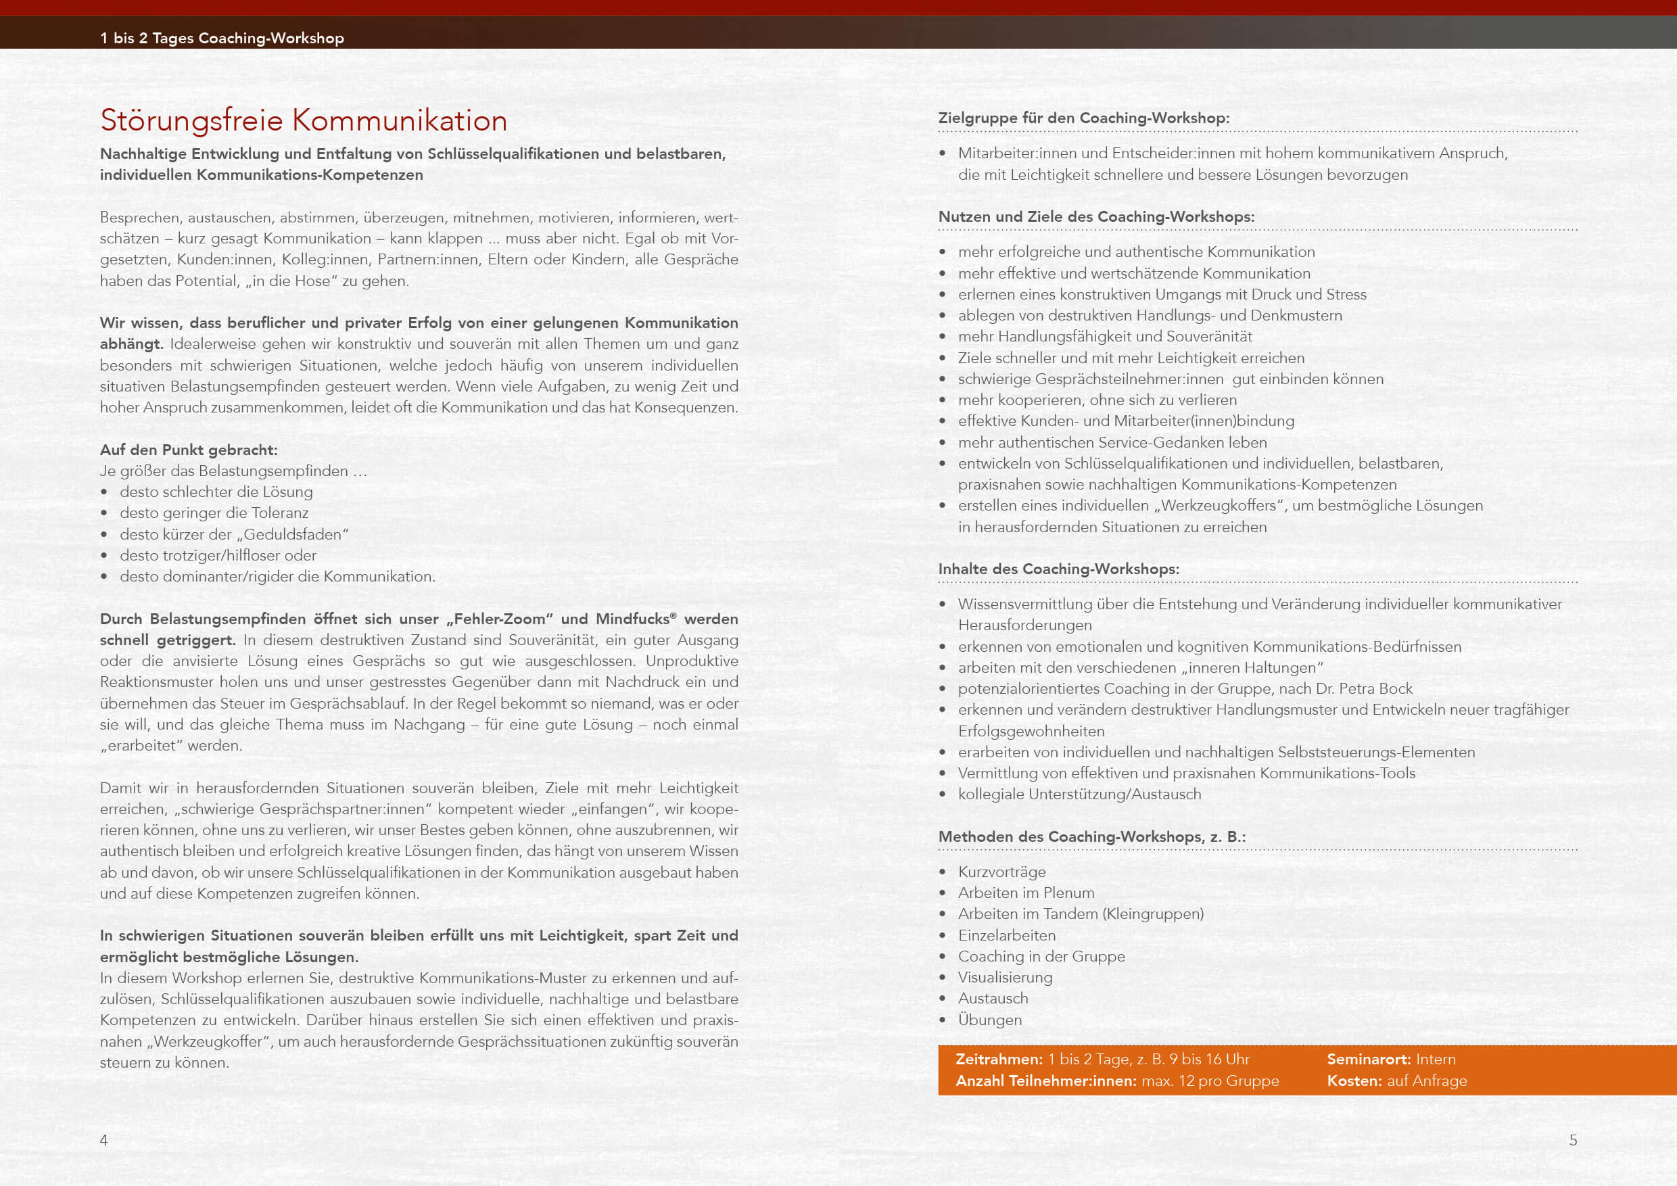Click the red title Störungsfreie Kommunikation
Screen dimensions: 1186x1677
(303, 120)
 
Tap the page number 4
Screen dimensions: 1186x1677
(103, 1140)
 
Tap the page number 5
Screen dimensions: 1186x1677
(1573, 1140)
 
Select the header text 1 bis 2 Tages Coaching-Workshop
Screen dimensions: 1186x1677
(222, 38)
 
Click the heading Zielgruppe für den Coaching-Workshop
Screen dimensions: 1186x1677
(1083, 118)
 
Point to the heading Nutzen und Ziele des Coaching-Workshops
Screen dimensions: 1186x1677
(1095, 217)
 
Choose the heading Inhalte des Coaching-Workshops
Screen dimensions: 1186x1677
(1058, 569)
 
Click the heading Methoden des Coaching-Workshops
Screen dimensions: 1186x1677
(1091, 837)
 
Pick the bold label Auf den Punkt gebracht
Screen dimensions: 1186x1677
(189, 450)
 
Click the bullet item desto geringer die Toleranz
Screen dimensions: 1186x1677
(214, 513)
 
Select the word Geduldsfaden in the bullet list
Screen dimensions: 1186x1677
(291, 535)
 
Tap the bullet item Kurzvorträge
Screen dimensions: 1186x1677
(1001, 872)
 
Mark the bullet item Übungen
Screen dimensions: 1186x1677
(990, 1020)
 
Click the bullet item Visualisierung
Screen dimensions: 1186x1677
(1005, 977)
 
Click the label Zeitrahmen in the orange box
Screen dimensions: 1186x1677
(999, 1059)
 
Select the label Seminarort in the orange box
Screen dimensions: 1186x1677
(1368, 1059)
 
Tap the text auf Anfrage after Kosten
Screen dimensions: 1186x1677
(1427, 1081)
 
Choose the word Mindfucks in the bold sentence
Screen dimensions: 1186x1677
(632, 619)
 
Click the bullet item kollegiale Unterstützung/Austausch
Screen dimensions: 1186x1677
(1079, 794)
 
